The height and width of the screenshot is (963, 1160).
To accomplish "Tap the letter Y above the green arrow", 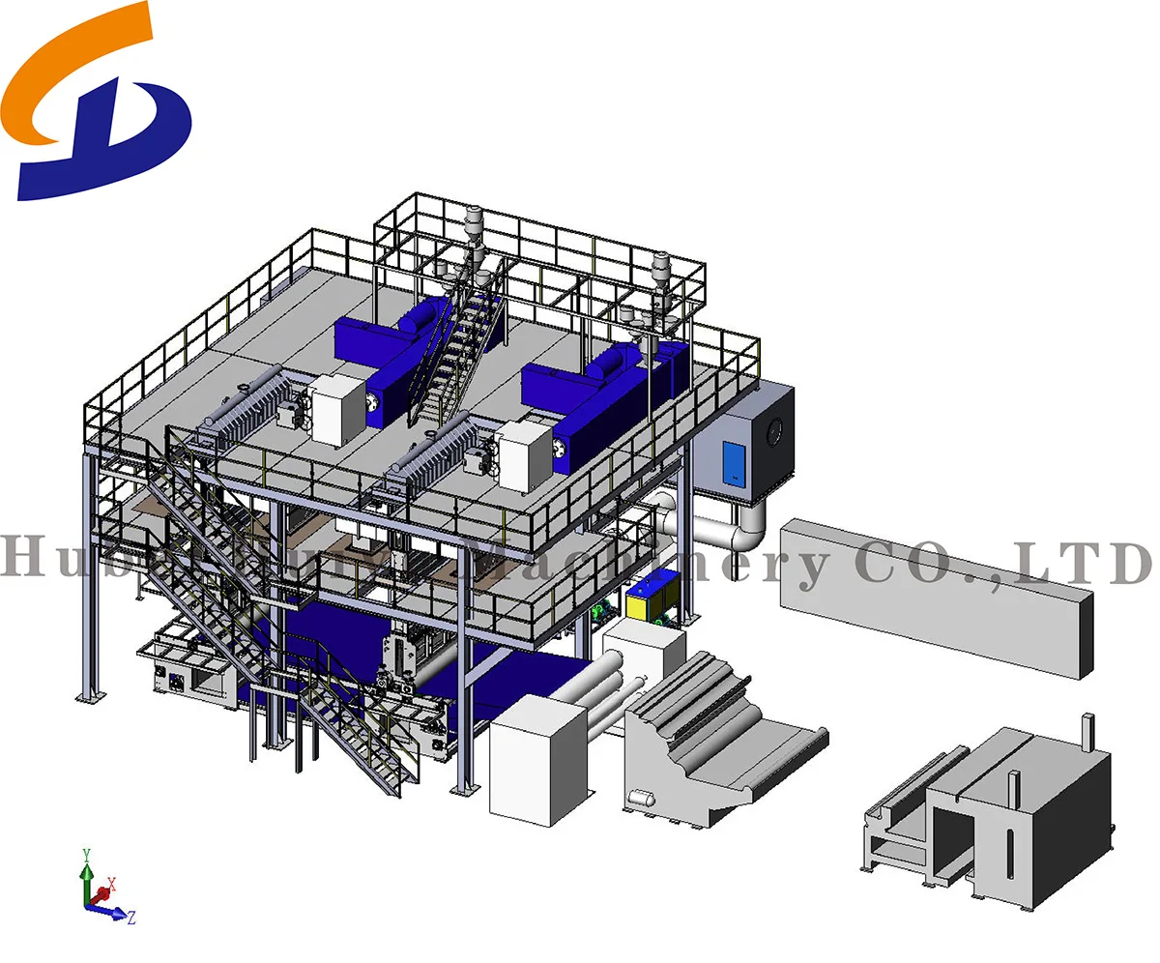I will [x=86, y=854].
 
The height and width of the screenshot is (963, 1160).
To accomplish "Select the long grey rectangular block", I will [x=938, y=595].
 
